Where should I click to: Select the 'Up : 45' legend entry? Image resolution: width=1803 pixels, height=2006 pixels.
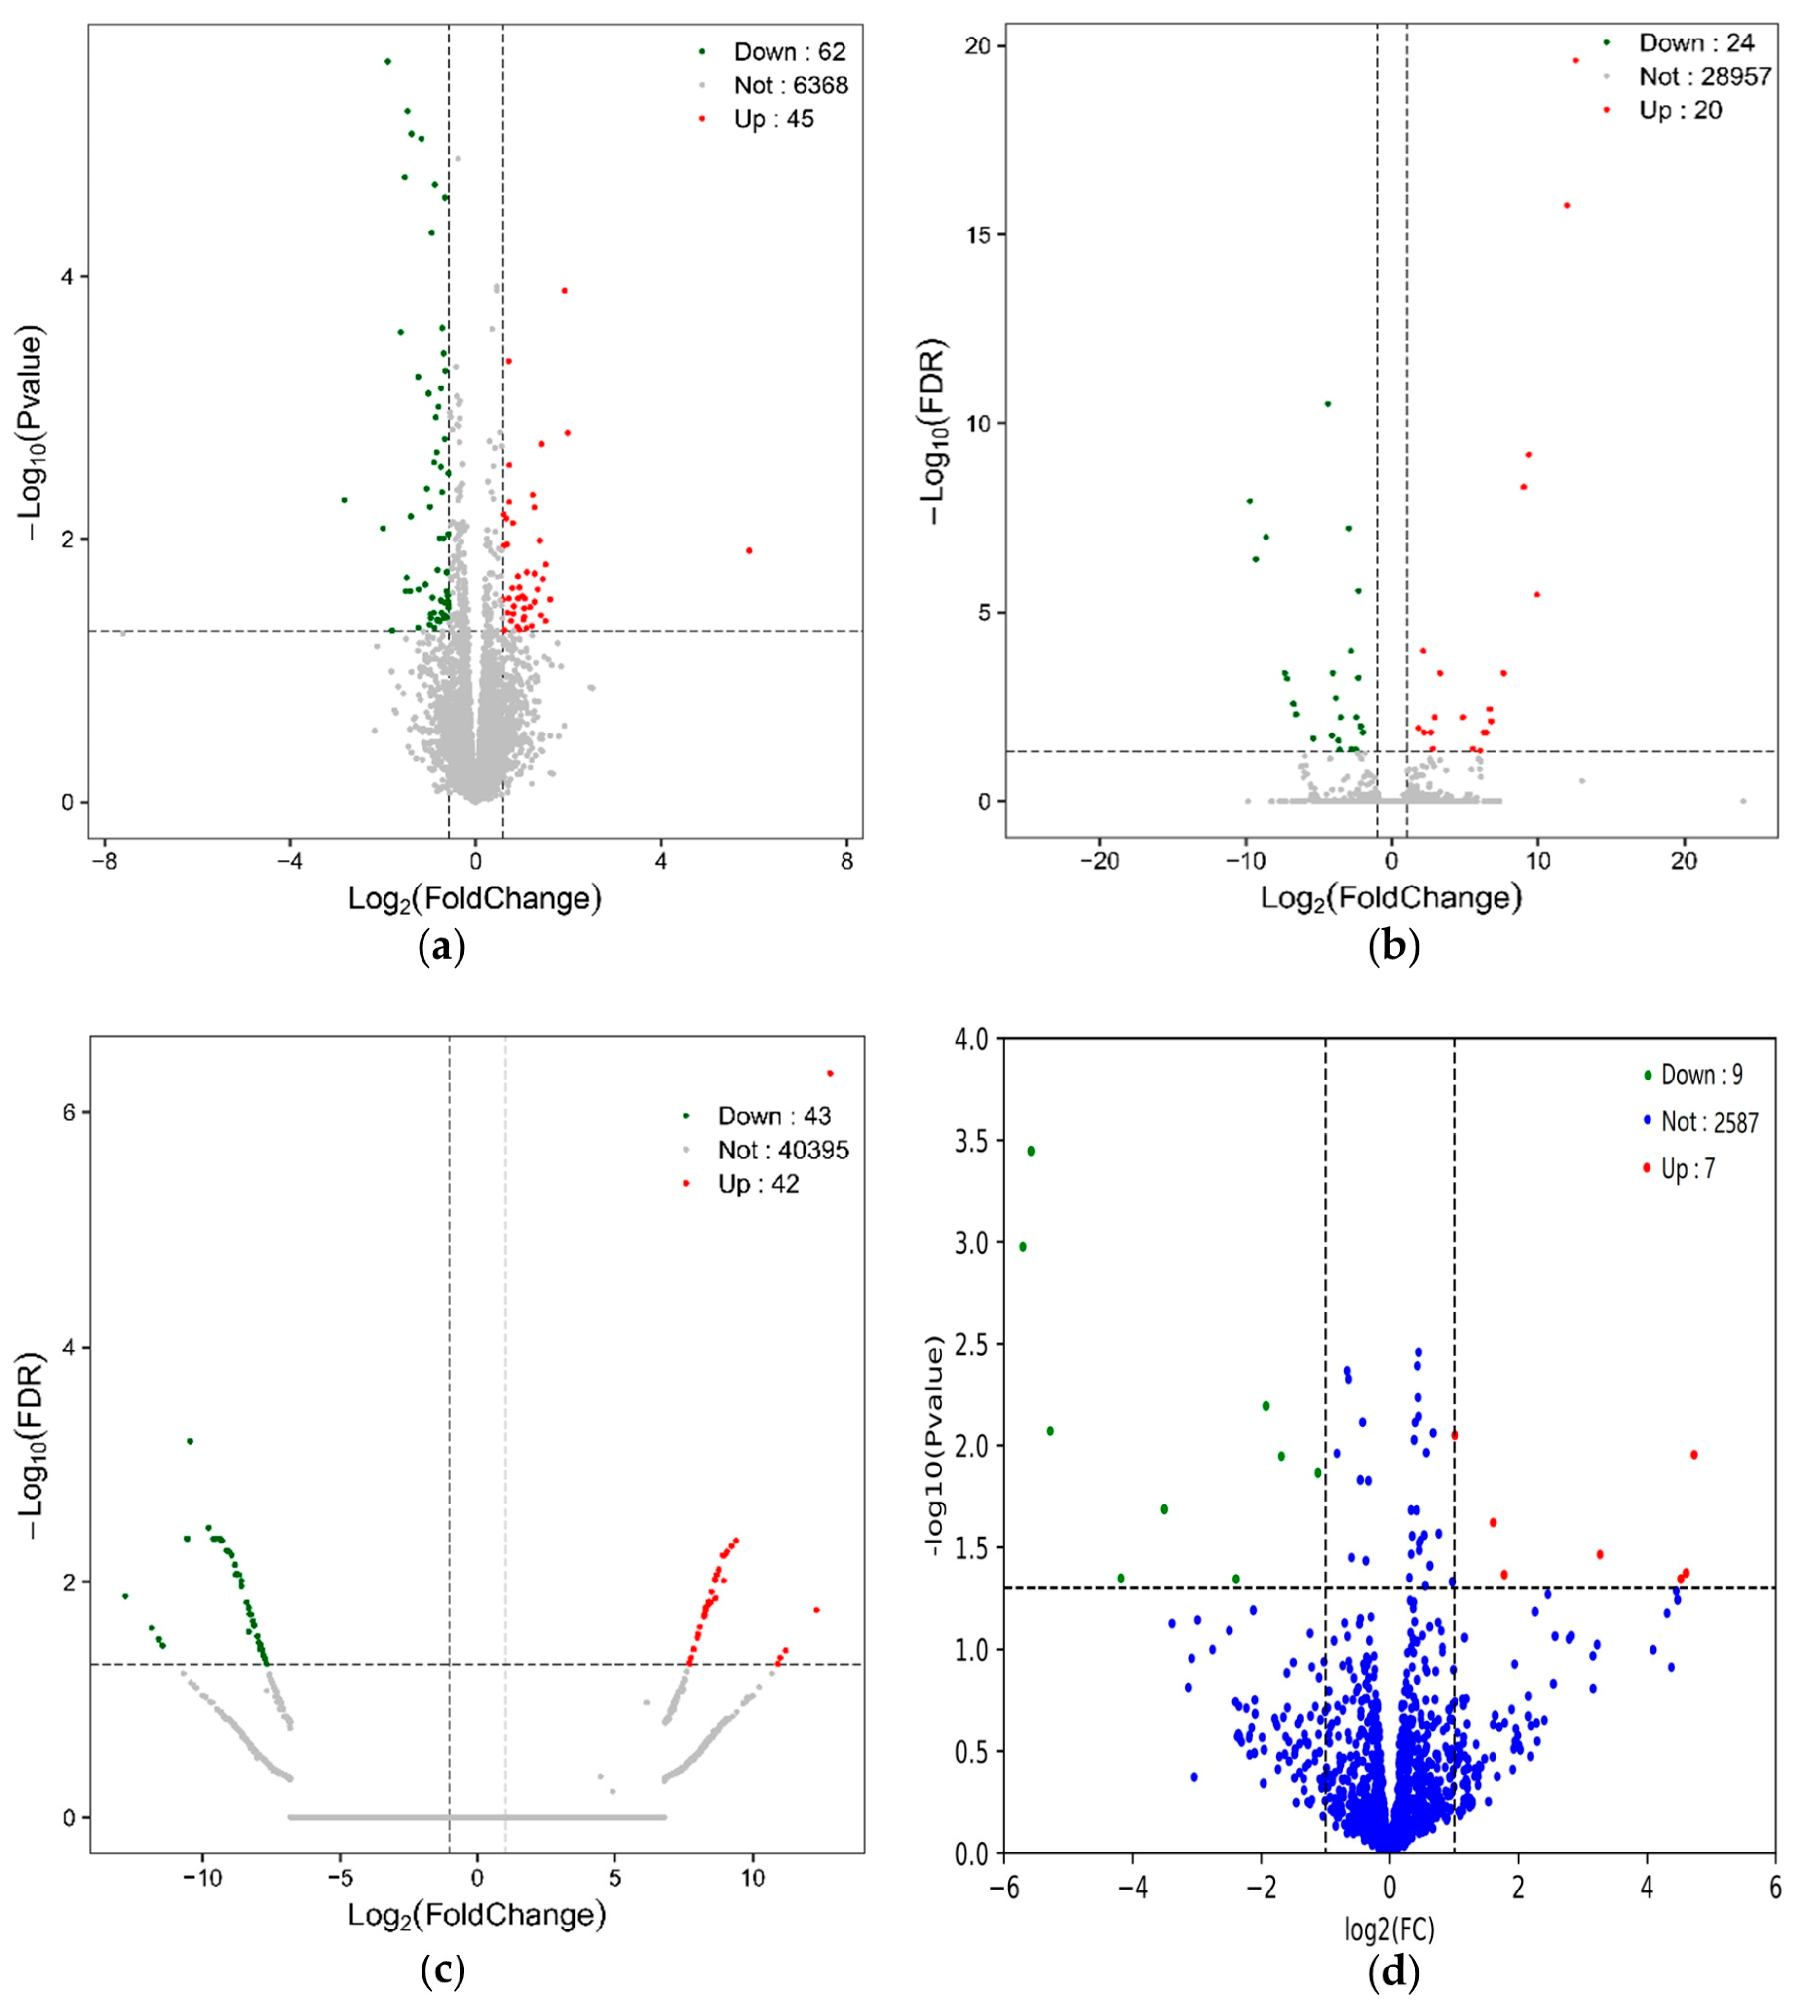pyautogui.click(x=773, y=120)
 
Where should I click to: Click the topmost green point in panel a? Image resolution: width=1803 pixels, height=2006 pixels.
pyautogui.click(x=387, y=61)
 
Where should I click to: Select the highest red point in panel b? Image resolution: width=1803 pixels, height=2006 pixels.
pyautogui.click(x=1575, y=60)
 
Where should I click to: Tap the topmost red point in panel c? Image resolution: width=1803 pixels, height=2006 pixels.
pyautogui.click(x=830, y=1073)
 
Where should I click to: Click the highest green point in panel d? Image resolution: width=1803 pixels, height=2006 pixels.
pyautogui.click(x=1031, y=1151)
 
